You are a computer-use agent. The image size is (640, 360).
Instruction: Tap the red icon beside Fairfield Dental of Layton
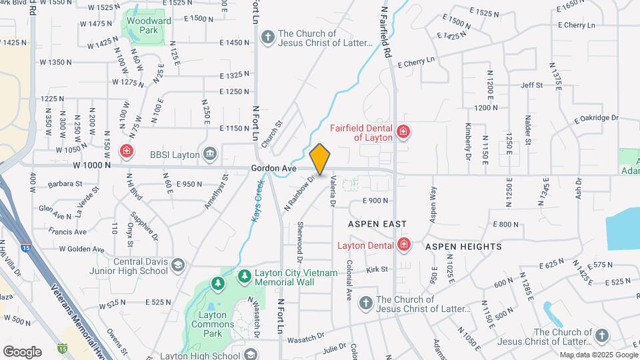click(403, 132)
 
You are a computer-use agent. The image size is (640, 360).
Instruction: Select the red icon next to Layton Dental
click(403, 245)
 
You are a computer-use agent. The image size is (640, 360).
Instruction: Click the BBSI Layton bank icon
click(210, 155)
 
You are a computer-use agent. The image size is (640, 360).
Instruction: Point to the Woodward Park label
click(146, 25)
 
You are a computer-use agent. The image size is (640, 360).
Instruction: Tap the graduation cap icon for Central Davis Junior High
click(177, 266)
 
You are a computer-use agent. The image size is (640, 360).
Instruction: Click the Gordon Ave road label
click(273, 169)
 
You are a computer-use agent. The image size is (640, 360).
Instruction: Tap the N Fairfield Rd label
click(385, 31)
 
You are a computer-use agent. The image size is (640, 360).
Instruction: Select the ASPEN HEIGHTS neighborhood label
click(463, 247)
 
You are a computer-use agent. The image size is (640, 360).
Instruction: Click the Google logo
click(22, 351)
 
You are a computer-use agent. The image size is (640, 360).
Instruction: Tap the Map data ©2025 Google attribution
click(598, 355)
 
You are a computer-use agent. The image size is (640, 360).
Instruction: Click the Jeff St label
click(532, 85)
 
